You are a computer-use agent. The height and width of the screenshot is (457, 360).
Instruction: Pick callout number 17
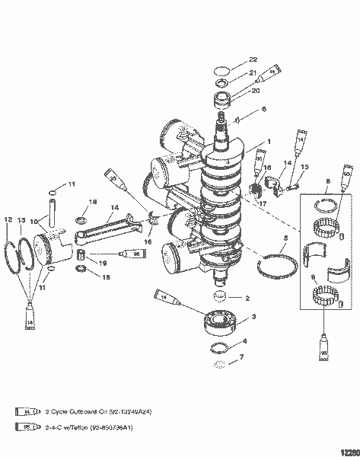point(261,203)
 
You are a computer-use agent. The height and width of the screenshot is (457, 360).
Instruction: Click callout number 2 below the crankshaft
point(246,298)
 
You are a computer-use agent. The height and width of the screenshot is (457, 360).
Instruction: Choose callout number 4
point(244,340)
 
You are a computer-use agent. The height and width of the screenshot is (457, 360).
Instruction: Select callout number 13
point(22,220)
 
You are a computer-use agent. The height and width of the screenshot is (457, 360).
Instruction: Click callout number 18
point(92,201)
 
